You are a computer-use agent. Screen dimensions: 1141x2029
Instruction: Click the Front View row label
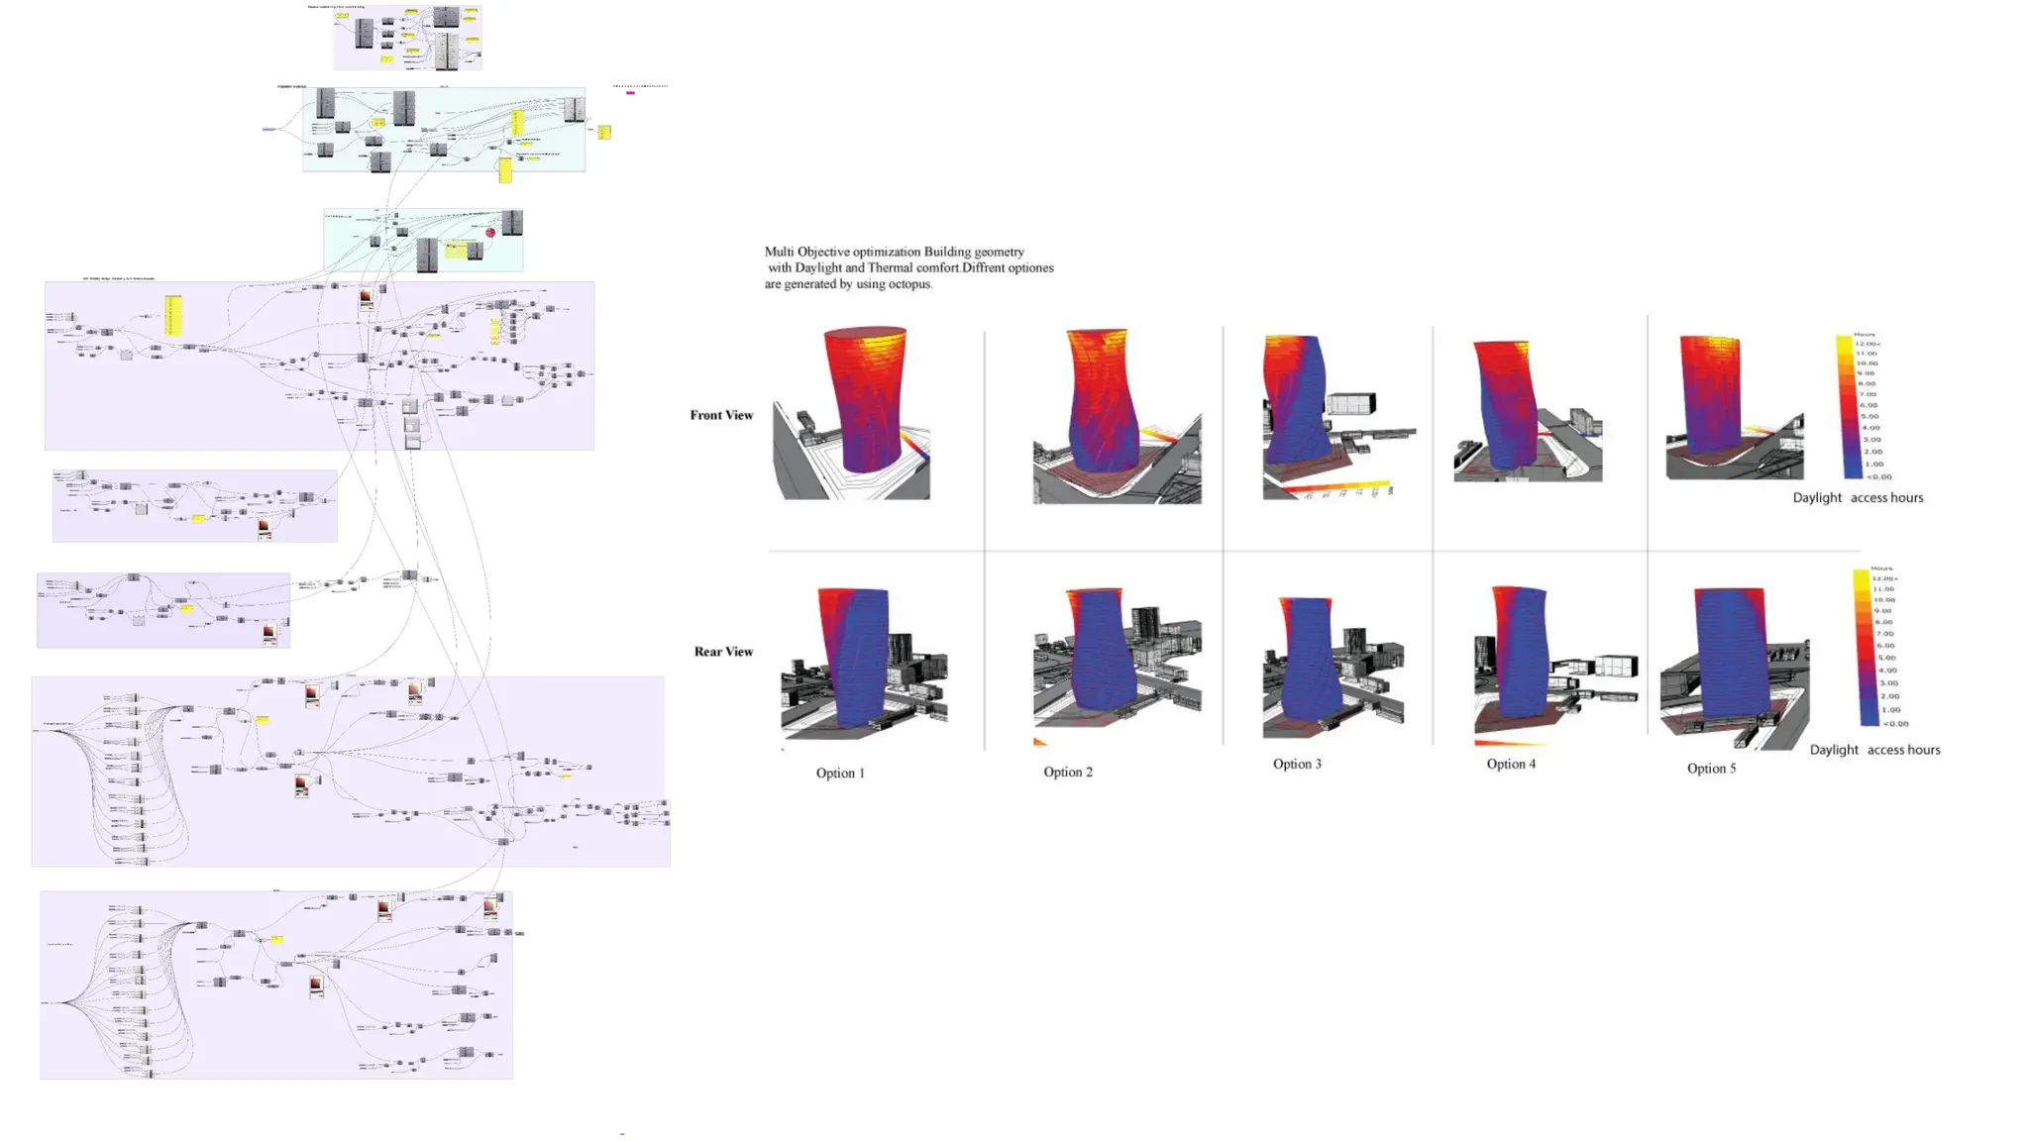coord(721,415)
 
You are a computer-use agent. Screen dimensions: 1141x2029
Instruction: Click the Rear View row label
coord(723,652)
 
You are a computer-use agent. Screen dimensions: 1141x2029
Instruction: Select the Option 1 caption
coord(840,774)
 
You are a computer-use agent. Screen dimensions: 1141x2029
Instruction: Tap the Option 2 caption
coord(1068,773)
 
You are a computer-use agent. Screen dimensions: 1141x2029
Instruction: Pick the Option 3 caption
coord(1297,765)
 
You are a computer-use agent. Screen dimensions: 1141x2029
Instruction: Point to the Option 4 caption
coord(1511,765)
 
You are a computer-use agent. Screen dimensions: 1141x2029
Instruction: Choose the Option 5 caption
coord(1711,769)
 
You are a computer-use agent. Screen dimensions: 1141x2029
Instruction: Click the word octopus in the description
coord(908,284)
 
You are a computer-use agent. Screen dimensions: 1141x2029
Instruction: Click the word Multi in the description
coord(779,253)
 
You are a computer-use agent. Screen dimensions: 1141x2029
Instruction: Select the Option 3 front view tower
coord(1293,401)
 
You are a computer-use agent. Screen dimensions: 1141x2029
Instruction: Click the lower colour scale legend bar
coord(1861,649)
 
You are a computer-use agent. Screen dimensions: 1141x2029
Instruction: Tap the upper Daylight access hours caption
coord(1858,498)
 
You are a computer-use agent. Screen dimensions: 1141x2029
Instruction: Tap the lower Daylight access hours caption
coord(1874,750)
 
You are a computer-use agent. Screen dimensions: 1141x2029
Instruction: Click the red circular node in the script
coord(490,233)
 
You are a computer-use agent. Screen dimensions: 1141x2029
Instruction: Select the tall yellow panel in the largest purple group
coord(173,315)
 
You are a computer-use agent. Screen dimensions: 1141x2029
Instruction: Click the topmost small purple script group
coord(407,38)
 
